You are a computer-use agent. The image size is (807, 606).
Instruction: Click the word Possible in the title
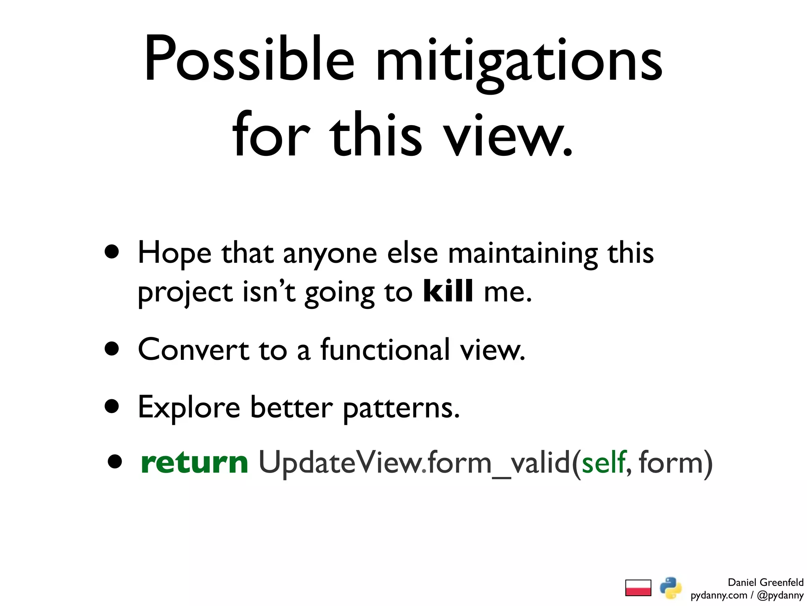249,59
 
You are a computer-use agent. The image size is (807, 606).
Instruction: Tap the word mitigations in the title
519,59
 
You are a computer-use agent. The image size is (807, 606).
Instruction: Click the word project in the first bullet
185,293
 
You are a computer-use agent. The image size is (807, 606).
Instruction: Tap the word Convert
193,350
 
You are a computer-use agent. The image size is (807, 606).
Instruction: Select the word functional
385,350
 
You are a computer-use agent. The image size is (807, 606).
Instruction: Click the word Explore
189,407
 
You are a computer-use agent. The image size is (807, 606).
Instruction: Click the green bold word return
194,462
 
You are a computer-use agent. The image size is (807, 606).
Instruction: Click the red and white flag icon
638,588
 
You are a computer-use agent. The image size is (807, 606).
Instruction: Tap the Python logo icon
671,588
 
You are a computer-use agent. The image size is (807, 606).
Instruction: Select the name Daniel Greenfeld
765,582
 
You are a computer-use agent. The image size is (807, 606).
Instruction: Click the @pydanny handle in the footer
780,595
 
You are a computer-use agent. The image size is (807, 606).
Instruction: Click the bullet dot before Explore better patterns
112,406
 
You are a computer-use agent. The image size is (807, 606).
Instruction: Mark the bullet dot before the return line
115,462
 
